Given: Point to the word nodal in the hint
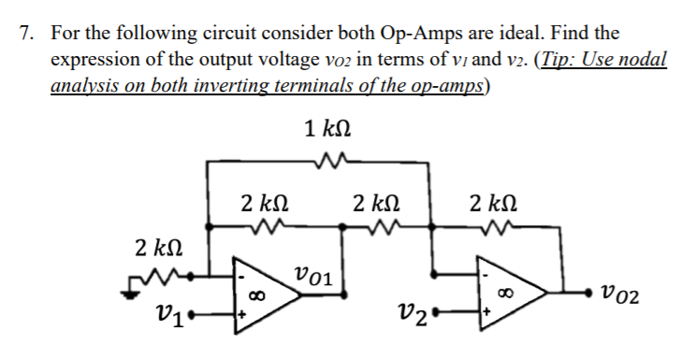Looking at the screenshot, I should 644,59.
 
